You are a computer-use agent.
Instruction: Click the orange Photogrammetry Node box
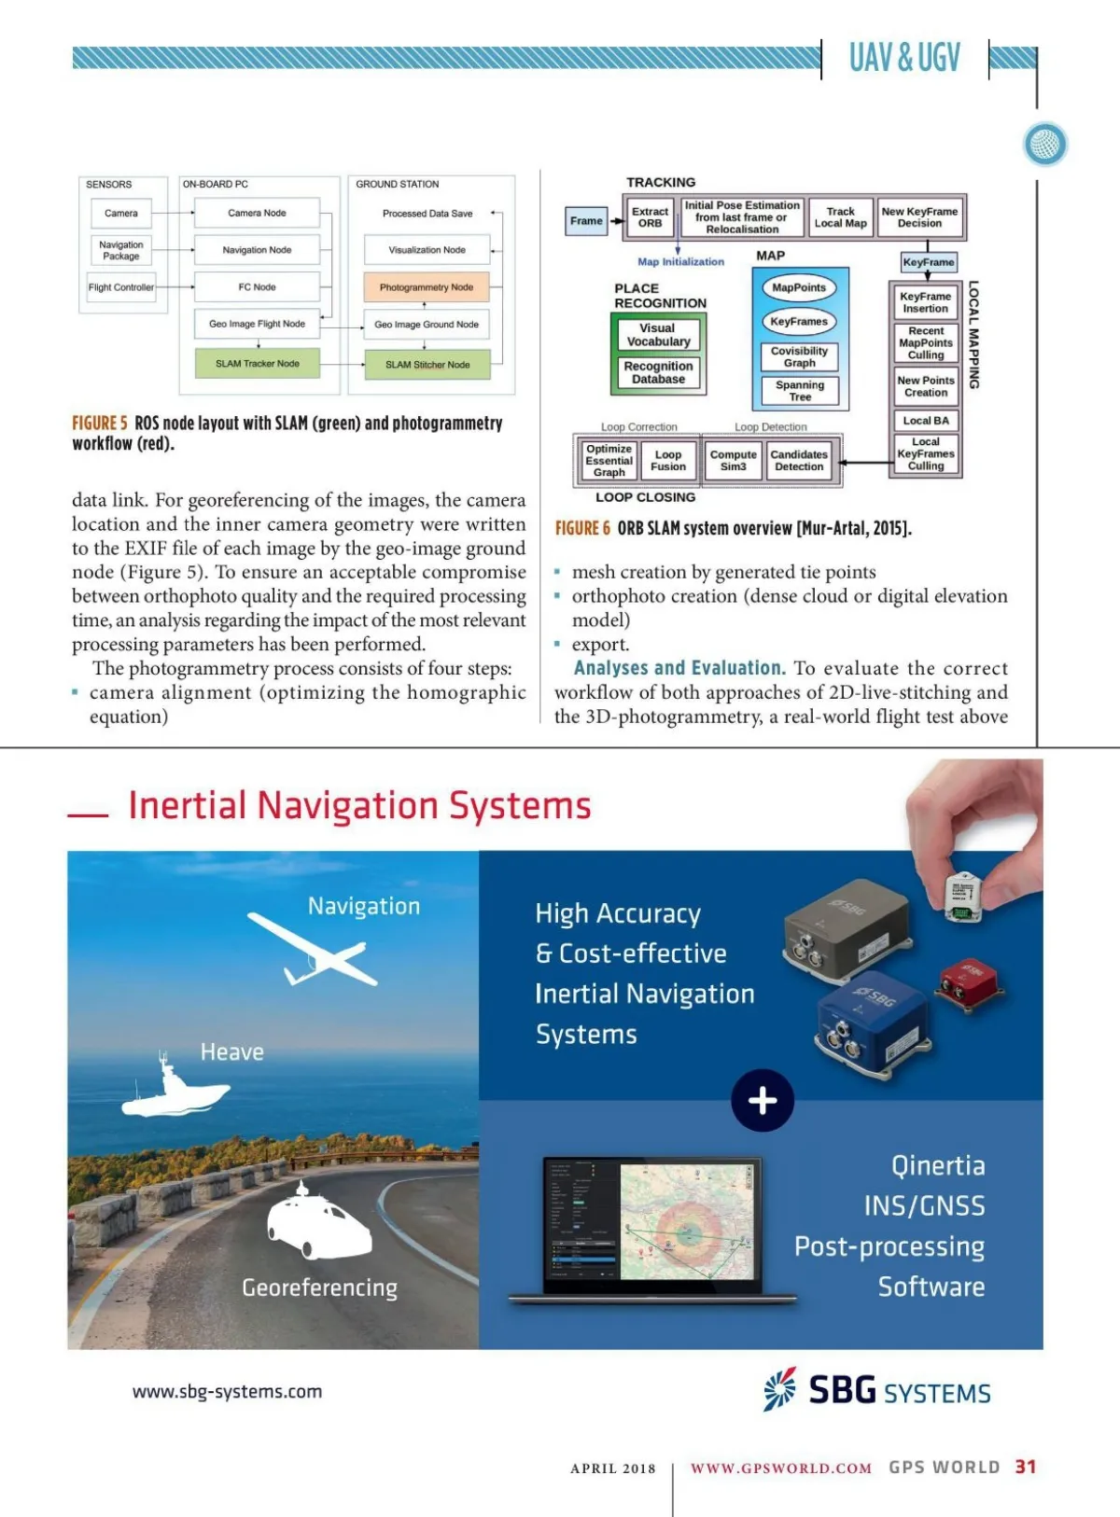426,287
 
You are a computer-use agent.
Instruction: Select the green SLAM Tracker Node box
258,364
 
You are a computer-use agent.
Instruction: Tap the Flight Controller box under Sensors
121,287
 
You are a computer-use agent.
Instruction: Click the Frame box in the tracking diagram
586,221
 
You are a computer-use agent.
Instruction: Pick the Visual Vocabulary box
658,335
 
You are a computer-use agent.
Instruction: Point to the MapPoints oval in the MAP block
799,288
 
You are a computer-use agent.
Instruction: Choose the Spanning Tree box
800,391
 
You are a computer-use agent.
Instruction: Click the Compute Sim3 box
733,461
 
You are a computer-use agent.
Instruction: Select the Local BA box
926,421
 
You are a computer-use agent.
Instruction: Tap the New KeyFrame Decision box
919,217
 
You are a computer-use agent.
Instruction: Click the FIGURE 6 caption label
582,529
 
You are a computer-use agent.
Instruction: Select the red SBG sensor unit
968,983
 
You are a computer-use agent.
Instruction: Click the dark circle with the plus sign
763,1101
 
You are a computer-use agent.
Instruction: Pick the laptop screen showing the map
652,1222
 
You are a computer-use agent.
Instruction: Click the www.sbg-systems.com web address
227,1392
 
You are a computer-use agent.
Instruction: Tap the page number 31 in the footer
1026,1467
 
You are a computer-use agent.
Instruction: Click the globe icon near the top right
1045,145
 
